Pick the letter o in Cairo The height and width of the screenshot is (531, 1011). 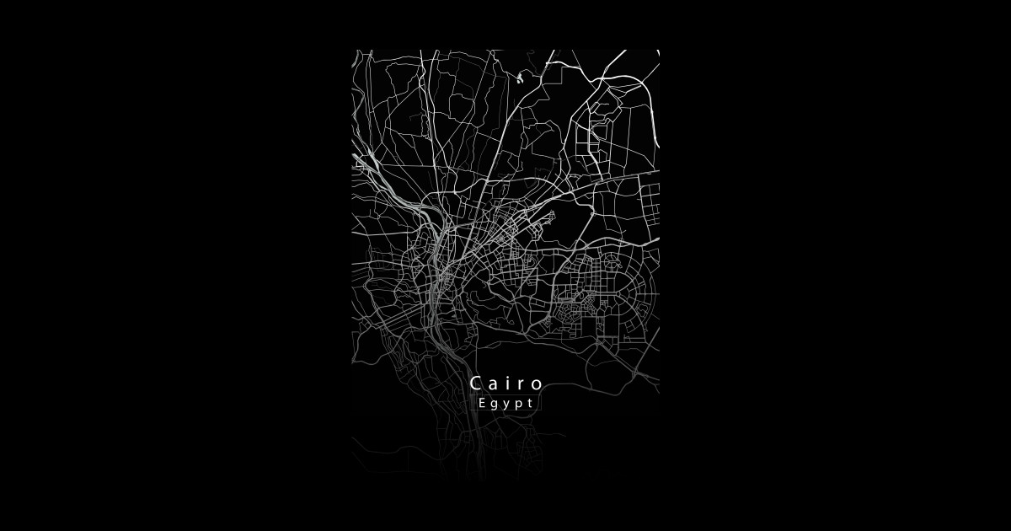pyautogui.click(x=538, y=385)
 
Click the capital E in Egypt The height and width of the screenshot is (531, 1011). pyautogui.click(x=482, y=403)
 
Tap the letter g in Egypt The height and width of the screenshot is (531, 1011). pyautogui.click(x=494, y=405)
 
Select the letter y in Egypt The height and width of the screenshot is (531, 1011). pyautogui.click(x=505, y=405)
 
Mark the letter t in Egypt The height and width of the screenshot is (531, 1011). pyautogui.click(x=529, y=403)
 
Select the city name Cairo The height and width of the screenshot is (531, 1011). pyautogui.click(x=507, y=383)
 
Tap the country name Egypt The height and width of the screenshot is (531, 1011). pyautogui.click(x=505, y=404)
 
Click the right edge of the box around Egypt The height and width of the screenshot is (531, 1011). pyautogui.click(x=540, y=404)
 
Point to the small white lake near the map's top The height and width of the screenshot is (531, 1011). pyautogui.click(x=520, y=79)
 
